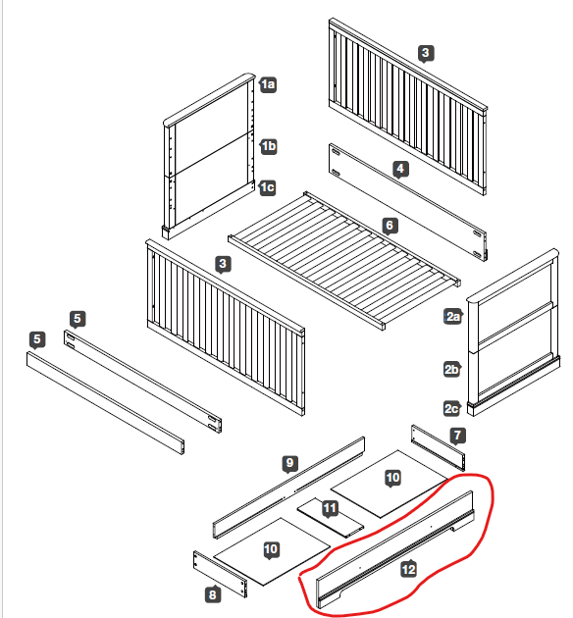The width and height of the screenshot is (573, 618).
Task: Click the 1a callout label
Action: [x=268, y=84]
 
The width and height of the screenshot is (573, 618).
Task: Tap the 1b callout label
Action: [x=269, y=146]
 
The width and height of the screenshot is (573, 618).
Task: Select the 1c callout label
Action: [x=267, y=187]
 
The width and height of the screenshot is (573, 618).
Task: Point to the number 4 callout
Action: [x=400, y=169]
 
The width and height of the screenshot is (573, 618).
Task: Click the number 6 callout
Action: [x=390, y=226]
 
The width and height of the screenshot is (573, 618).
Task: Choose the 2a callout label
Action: [x=452, y=317]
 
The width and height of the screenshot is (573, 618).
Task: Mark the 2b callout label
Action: [x=451, y=370]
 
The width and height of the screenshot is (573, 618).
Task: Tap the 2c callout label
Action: [x=451, y=409]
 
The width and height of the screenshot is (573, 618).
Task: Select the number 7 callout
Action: [x=457, y=436]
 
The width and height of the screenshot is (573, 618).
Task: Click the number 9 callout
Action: [x=290, y=463]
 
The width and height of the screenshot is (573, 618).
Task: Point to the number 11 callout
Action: [x=330, y=508]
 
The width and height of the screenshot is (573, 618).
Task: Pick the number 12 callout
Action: [x=409, y=569]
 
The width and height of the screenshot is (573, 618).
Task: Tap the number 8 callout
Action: [x=213, y=594]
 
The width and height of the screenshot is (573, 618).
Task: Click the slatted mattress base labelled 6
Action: [x=344, y=261]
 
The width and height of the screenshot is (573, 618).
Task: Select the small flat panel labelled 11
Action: [x=331, y=518]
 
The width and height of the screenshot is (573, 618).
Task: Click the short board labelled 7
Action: [x=438, y=447]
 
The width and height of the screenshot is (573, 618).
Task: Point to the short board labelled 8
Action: [x=221, y=574]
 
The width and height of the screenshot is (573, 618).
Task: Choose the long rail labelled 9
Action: [x=288, y=488]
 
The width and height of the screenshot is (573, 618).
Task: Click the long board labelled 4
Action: [x=408, y=202]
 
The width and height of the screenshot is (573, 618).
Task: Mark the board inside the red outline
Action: [x=395, y=549]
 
